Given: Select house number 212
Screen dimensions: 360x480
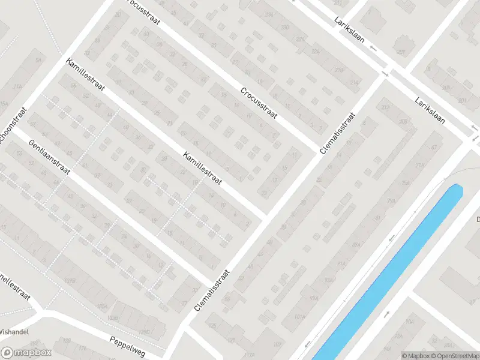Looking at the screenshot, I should [385, 108].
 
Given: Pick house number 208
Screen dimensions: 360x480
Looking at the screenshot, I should [403, 121].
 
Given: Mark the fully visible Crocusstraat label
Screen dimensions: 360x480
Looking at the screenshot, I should [259, 103].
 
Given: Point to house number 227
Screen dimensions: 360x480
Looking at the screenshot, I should [401, 53].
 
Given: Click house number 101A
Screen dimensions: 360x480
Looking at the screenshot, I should [300, 317].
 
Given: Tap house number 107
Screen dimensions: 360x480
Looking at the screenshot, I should [277, 344].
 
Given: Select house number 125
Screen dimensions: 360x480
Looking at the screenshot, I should [213, 325].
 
